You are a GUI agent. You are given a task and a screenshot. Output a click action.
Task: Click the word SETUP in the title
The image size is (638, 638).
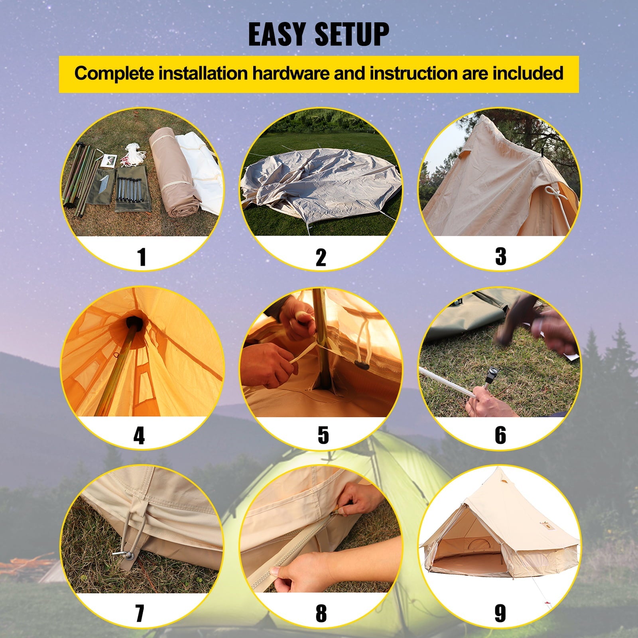pyautogui.click(x=352, y=35)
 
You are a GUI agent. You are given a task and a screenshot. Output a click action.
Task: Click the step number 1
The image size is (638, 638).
pyautogui.click(x=142, y=256)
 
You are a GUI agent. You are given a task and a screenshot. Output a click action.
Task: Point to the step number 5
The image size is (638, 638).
pyautogui.click(x=323, y=435)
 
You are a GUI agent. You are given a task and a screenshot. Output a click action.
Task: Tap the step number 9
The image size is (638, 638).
pyautogui.click(x=500, y=613)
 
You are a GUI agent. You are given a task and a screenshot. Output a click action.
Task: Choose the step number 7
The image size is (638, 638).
pyautogui.click(x=140, y=613)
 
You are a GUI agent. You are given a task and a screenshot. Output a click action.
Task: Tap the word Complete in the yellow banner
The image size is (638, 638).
pyautogui.click(x=113, y=74)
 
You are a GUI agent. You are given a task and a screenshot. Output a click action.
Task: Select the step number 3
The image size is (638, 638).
pyautogui.click(x=500, y=256)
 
